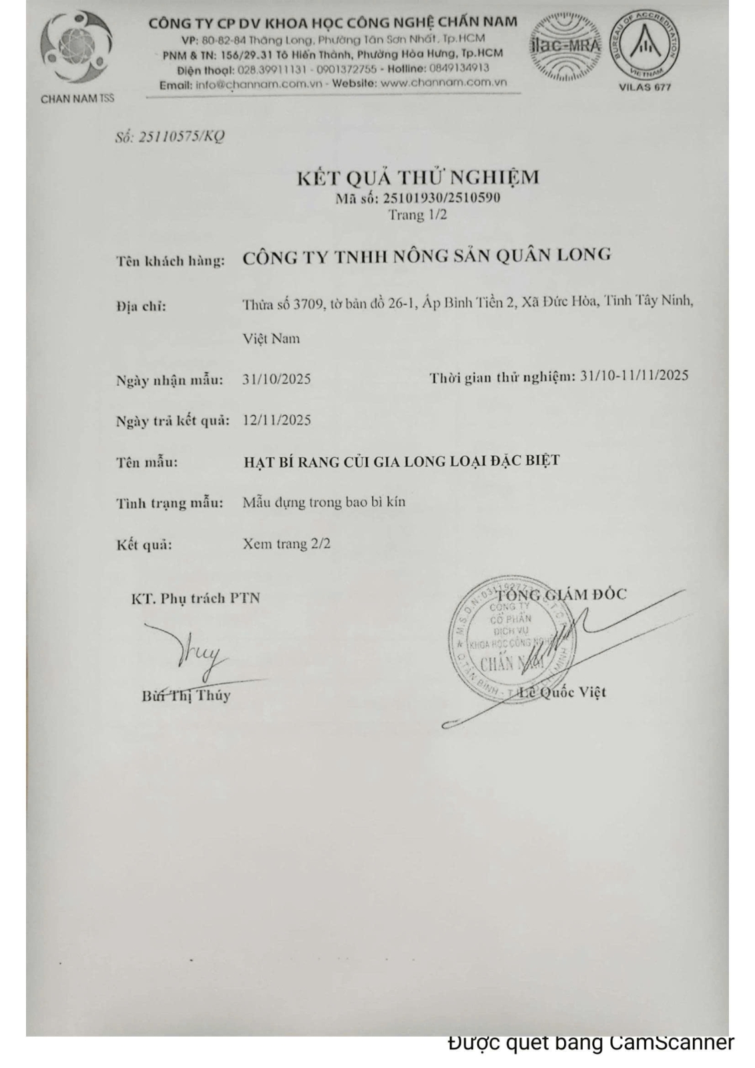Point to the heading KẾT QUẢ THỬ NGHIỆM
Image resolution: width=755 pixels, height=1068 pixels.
coord(418,178)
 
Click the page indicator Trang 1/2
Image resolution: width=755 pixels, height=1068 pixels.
coord(418,215)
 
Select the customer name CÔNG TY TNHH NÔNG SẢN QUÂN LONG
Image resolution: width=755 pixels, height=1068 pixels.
coord(427,256)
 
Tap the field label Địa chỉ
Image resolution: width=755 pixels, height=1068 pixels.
coord(141,306)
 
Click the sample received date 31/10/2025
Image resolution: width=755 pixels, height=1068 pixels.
coord(276,379)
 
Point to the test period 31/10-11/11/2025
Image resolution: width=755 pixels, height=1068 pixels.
coord(634,376)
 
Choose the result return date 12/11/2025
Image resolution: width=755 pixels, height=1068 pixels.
coord(276,420)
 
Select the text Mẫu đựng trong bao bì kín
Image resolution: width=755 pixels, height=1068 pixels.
coord(324,502)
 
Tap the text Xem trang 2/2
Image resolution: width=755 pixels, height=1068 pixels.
coord(286,543)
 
